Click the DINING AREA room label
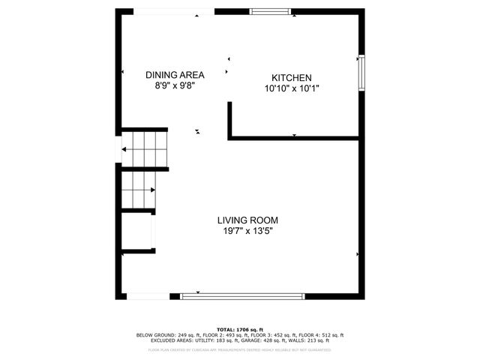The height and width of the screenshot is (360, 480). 174,75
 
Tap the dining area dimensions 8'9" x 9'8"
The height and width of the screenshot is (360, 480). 174,85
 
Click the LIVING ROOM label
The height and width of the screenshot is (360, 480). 247,220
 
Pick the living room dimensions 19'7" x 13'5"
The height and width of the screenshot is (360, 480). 247,231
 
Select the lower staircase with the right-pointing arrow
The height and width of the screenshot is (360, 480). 137,189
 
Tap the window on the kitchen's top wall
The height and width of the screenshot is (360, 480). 271,11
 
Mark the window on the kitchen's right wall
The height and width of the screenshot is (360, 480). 361,72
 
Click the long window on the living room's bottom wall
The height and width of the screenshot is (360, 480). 242,296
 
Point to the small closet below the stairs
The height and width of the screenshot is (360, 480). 136,233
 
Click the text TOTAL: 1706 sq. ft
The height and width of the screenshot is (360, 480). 240,329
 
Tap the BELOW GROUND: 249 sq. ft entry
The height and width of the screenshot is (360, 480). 160,334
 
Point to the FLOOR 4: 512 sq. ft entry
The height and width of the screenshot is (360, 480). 323,334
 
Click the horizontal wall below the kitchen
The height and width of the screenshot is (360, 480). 294,137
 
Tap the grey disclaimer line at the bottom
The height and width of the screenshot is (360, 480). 240,349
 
